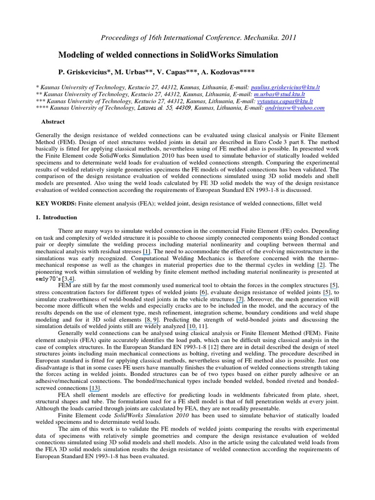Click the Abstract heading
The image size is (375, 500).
[x=54, y=122]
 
